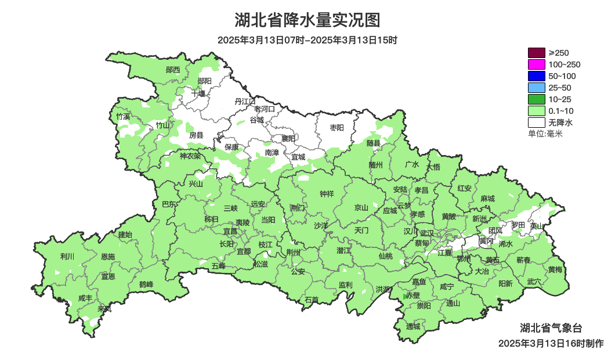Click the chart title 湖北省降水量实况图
307,20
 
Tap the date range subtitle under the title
307,41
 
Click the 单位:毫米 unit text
545,134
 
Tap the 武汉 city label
428,232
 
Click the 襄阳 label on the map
288,138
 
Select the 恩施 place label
108,257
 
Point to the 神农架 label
190,156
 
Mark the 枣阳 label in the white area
337,127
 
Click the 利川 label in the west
67,256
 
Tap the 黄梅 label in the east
555,270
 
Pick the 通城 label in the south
413,326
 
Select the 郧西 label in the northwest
173,70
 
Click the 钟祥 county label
327,194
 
